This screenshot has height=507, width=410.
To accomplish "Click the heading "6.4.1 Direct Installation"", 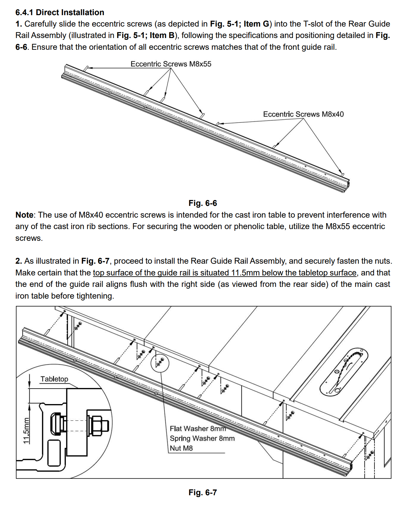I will click(60, 12).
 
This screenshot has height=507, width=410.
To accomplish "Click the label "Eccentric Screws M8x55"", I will click(171, 64).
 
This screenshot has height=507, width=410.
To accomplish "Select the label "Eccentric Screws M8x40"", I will click(303, 114).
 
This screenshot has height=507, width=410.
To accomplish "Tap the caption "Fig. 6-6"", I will click(203, 203).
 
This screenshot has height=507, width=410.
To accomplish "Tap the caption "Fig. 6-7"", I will click(203, 492).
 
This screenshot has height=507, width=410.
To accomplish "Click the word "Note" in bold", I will click(24, 215).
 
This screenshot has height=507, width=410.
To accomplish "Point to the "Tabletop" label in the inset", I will click(54, 379).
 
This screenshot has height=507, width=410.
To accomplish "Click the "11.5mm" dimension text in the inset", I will click(26, 431).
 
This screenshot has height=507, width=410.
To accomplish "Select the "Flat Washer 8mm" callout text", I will click(198, 428).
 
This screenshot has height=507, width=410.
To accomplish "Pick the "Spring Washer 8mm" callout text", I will click(202, 438).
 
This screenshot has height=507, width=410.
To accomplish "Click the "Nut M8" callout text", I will click(181, 448).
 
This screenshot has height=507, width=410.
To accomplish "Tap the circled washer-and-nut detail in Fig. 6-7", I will click(160, 362).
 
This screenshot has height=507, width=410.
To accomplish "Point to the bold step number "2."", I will click(19, 261).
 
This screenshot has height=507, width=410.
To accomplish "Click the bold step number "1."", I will click(19, 24).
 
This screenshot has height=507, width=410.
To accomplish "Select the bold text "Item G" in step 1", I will click(256, 24).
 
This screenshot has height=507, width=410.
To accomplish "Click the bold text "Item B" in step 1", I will click(162, 36).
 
